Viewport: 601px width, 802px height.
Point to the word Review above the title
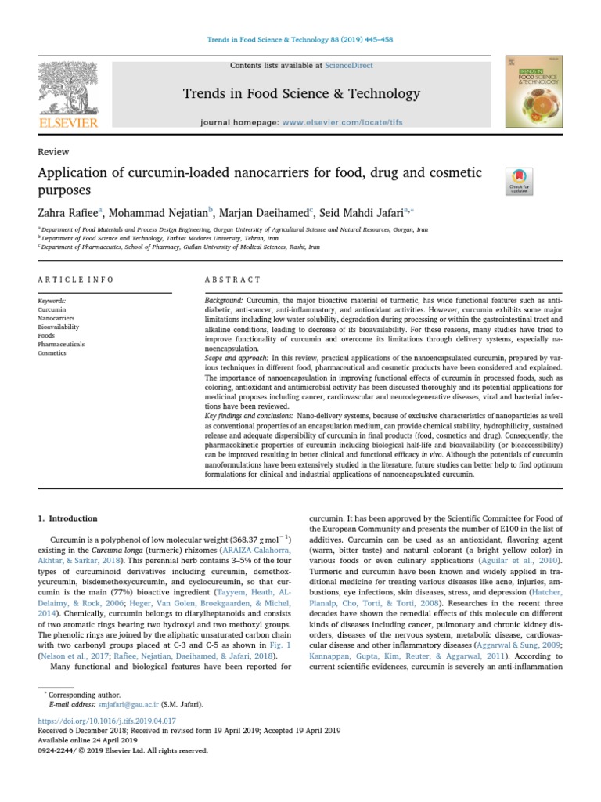[53, 152]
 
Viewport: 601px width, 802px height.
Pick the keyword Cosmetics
[52, 353]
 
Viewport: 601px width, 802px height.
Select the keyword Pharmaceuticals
[61, 345]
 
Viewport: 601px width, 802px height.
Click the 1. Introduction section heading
[68, 518]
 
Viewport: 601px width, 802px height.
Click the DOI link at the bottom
[106, 721]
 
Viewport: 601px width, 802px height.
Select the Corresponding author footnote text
[85, 695]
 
